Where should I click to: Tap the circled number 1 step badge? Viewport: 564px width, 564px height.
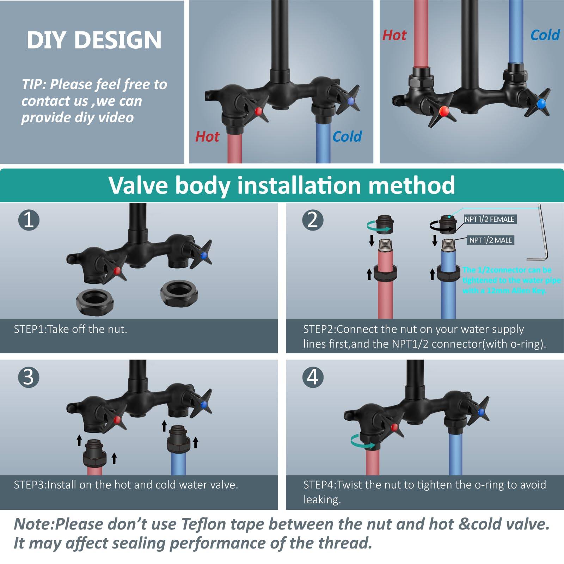[29, 220]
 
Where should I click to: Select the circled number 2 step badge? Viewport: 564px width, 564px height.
[312, 220]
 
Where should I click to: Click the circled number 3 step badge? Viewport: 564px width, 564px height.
[29, 377]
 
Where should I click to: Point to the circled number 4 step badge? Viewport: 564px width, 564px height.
[312, 377]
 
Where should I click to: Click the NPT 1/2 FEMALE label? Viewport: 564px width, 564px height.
[489, 219]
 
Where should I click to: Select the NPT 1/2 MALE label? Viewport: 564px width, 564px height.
[490, 240]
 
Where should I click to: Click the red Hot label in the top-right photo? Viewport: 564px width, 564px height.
[394, 35]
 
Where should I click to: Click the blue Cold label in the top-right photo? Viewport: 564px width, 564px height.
[545, 35]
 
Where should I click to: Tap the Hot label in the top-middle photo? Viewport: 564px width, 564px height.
[207, 136]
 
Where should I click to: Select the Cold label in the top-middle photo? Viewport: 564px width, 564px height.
[347, 136]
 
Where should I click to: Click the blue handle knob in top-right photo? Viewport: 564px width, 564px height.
[541, 104]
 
